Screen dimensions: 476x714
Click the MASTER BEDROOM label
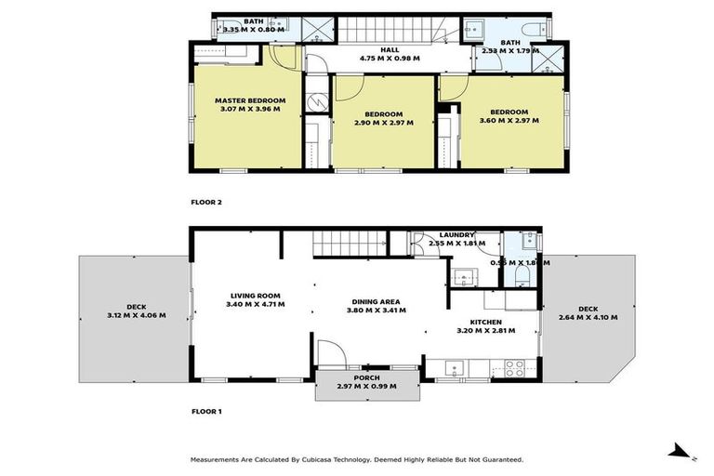pos(249,100)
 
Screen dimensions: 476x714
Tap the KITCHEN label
pos(486,322)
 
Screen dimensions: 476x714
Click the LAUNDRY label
pos(456,235)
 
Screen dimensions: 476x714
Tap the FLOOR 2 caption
pos(206,202)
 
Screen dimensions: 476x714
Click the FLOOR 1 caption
pos(206,410)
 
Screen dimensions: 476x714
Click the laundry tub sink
pos(462,276)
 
